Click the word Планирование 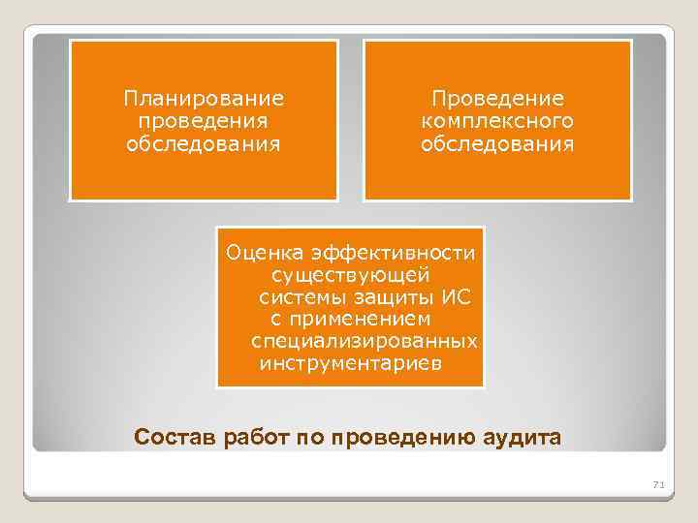203,99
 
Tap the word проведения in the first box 203,122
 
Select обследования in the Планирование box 203,144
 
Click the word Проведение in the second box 497,99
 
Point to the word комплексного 497,122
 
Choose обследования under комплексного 497,144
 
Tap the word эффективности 394,254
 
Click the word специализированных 364,342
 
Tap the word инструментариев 350,364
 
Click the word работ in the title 250,437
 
